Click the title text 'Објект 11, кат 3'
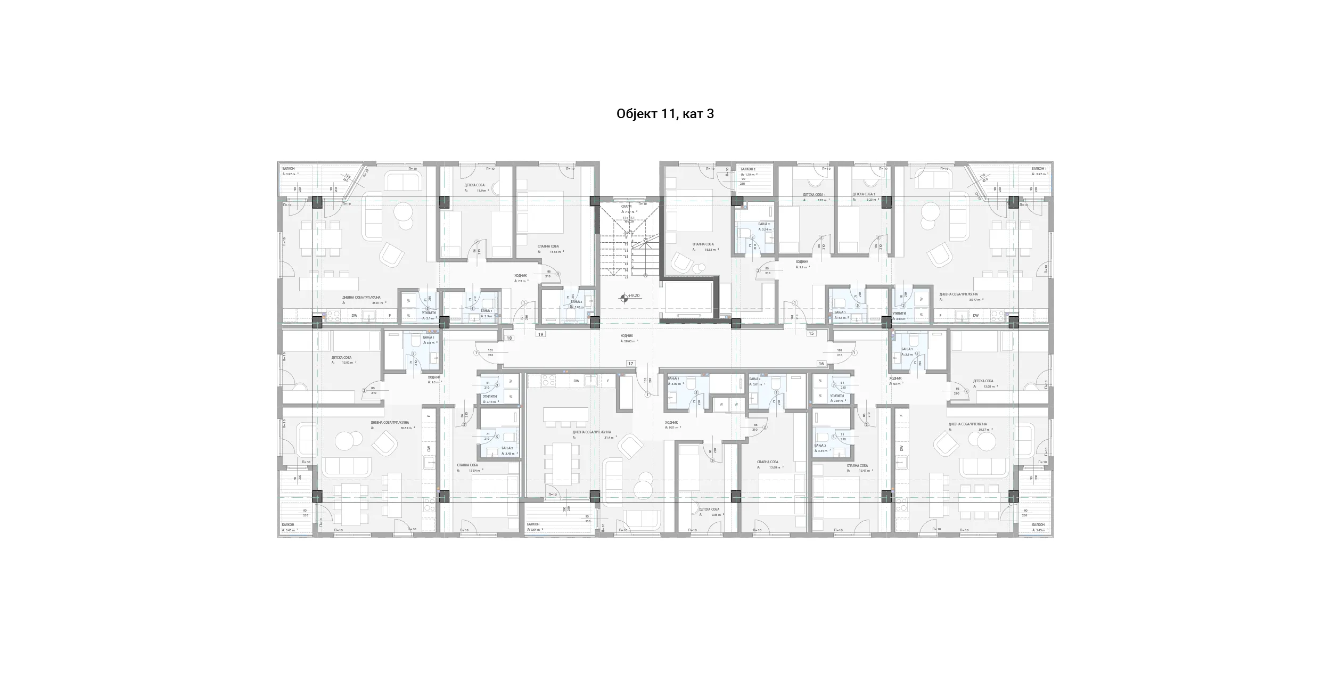click(x=665, y=114)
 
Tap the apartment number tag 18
click(x=510, y=338)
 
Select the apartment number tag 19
click(x=541, y=334)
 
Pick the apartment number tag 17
click(x=631, y=364)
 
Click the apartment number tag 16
click(x=821, y=364)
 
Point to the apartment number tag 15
click(x=811, y=333)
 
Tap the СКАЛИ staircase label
click(x=627, y=206)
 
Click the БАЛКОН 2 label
click(x=748, y=169)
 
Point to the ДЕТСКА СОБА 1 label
click(x=814, y=195)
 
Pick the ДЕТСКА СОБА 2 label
click(x=864, y=194)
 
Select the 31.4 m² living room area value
click(x=609, y=438)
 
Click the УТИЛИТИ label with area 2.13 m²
click(x=490, y=396)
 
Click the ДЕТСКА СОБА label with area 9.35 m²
click(x=709, y=509)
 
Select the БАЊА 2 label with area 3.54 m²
click(x=764, y=224)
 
